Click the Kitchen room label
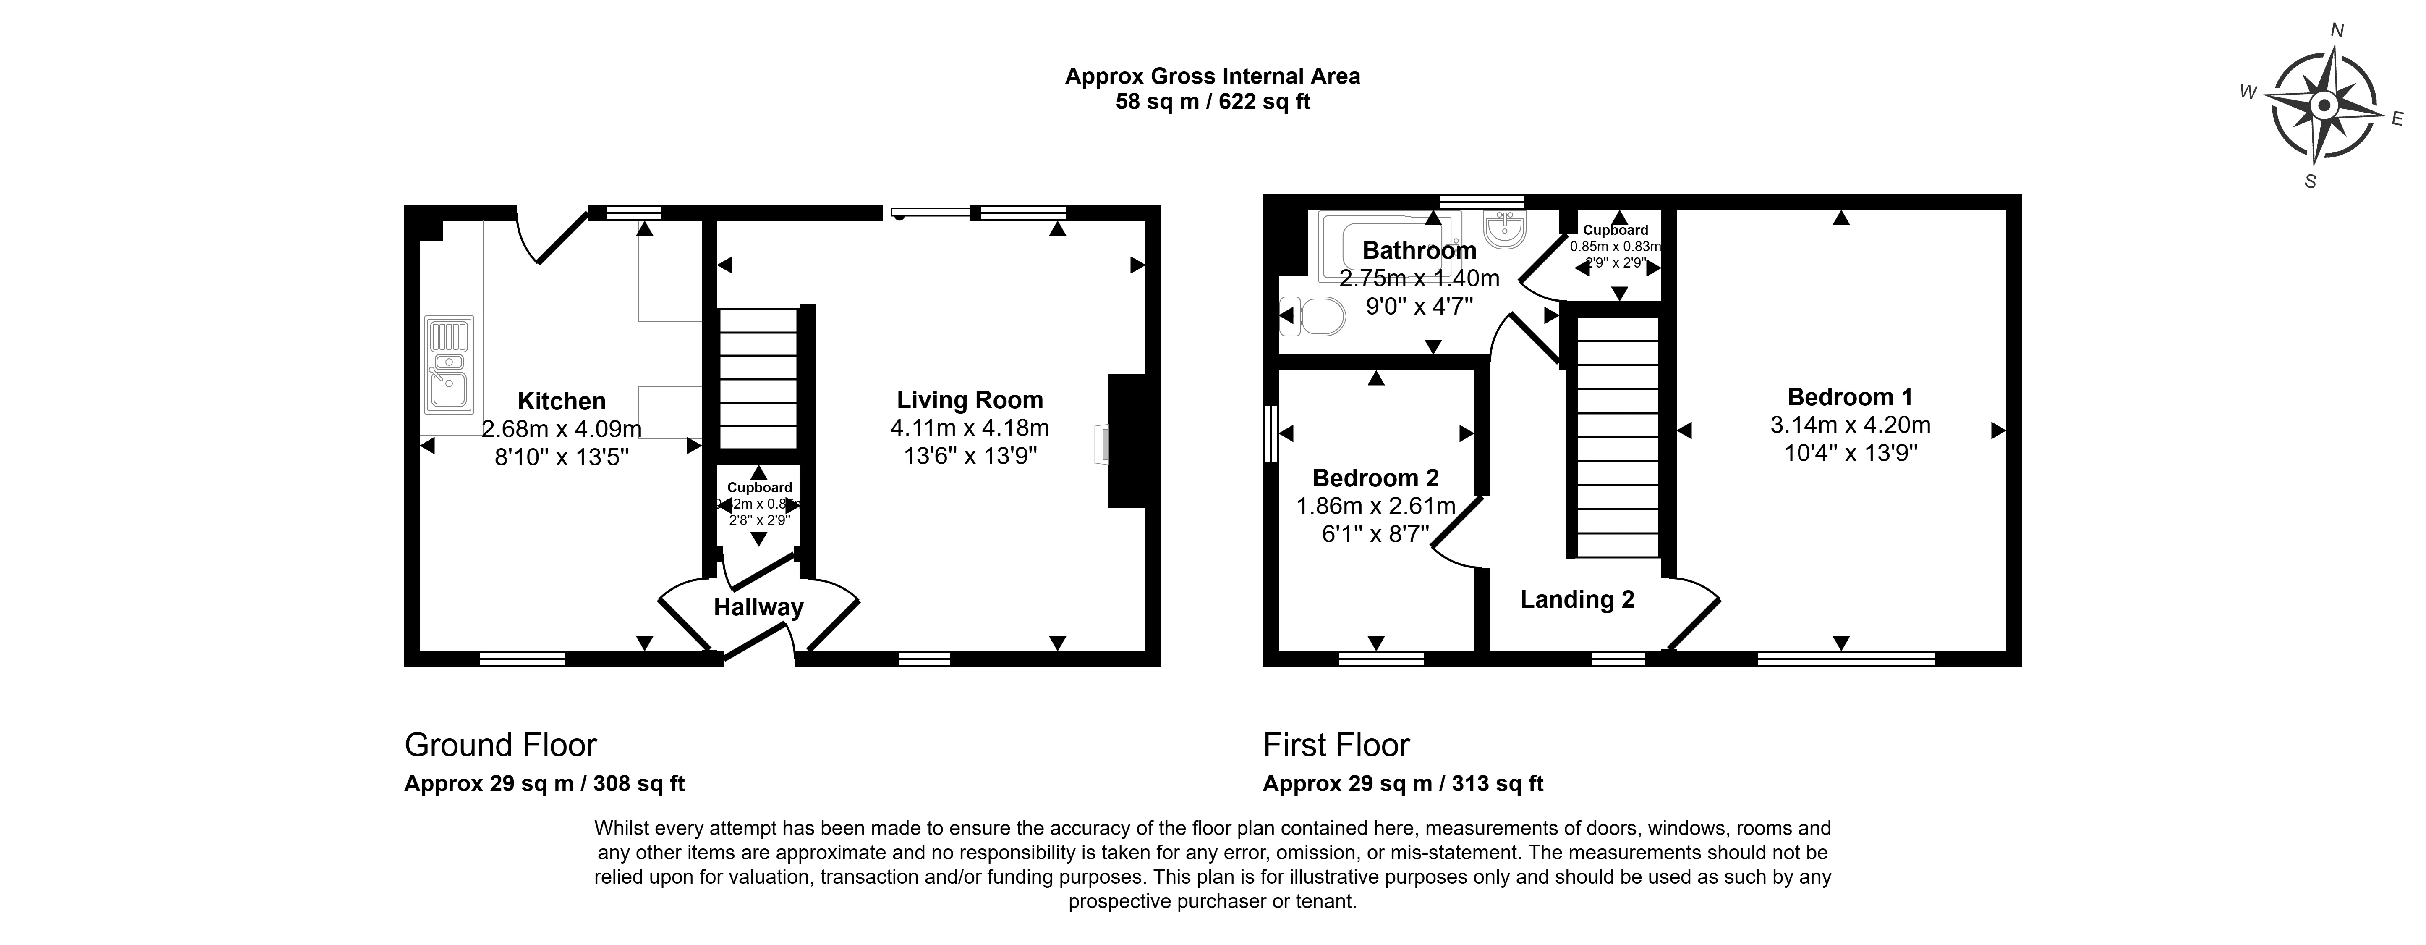tap(561, 402)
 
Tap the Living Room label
tap(969, 400)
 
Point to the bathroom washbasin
tap(1504, 229)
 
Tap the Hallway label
tap(758, 608)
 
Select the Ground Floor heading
tap(500, 745)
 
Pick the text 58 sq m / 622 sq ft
tap(1212, 102)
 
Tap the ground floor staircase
tap(758, 377)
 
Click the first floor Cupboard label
tap(1615, 230)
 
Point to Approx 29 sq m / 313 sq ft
tap(1402, 784)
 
